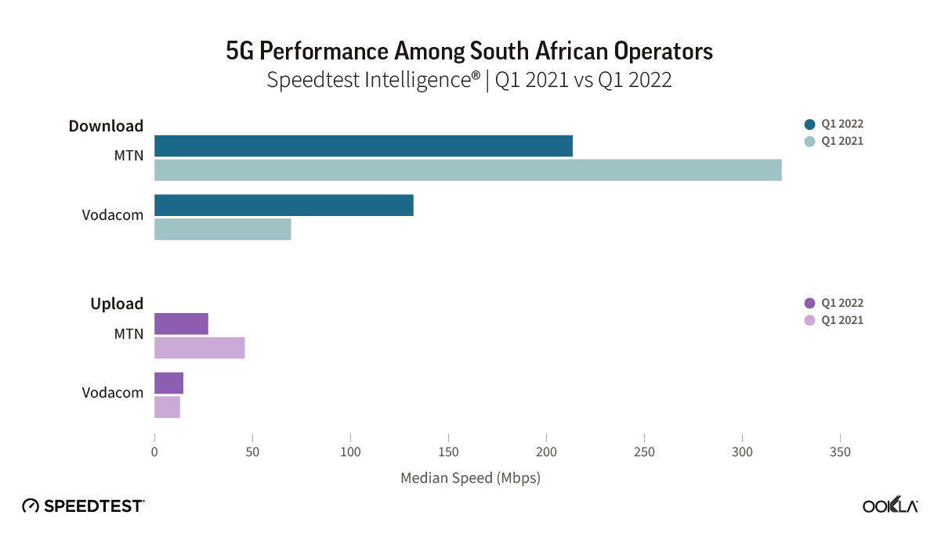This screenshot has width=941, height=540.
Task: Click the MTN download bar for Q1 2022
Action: (363, 146)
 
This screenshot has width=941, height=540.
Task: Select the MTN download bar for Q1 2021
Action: (468, 170)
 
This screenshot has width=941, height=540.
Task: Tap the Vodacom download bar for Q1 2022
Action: (284, 205)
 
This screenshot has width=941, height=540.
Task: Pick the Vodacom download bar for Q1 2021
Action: (223, 229)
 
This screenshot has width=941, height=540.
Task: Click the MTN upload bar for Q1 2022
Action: (181, 323)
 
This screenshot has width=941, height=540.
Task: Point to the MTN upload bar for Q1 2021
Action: (199, 347)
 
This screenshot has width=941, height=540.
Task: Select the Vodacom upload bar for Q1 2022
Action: (168, 383)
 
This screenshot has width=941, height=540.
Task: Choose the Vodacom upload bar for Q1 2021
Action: (167, 407)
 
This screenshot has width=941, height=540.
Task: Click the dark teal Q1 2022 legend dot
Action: (810, 124)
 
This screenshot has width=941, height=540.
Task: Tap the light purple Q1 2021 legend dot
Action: (810, 320)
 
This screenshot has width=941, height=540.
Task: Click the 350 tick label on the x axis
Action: (840, 452)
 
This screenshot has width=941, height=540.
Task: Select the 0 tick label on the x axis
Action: (154, 452)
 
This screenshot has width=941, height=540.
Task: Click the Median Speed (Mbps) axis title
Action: (470, 477)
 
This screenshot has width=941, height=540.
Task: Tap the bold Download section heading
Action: (106, 125)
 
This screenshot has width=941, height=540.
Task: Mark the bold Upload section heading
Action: (117, 304)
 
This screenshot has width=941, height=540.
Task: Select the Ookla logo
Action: (890, 506)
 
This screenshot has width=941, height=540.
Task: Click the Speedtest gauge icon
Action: (31, 506)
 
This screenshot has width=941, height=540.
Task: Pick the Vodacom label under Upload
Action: (113, 392)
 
